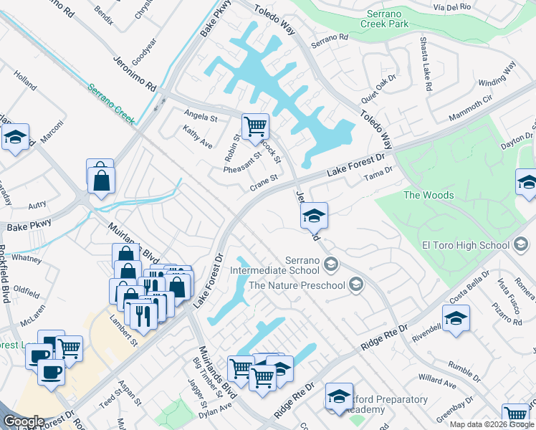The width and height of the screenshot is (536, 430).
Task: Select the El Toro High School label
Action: coord(465,245)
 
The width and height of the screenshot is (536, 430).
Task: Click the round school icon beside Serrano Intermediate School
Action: coord(330,266)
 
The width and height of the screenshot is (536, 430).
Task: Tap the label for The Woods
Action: coord(429,195)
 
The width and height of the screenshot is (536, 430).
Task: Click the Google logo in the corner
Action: coord(24,421)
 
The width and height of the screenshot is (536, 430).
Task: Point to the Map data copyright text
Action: coord(492,424)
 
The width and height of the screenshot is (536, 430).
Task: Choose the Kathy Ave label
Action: coord(198,137)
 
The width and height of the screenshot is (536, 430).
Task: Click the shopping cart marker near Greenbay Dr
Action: coord(515,414)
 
